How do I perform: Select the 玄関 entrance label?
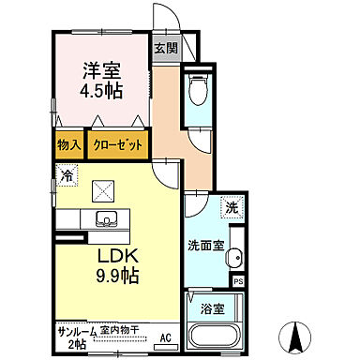[165, 48]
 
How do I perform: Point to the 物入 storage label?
[68, 146]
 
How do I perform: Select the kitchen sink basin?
[106, 220]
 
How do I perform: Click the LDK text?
[115, 255]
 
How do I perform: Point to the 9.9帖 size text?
[114, 276]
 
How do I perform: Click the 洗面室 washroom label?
[204, 246]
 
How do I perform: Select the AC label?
[165, 337]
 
